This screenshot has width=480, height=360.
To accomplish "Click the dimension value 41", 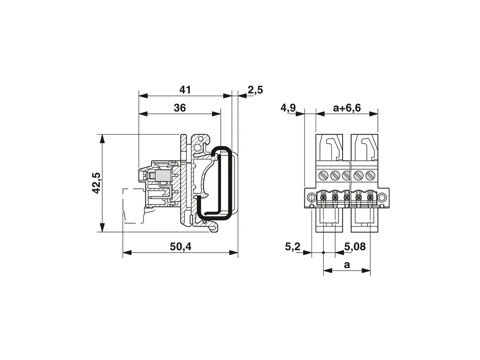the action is [x=185, y=90].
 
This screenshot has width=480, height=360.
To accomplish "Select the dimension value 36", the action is [x=180, y=108].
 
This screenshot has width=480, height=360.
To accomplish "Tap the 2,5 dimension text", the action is [x=255, y=90].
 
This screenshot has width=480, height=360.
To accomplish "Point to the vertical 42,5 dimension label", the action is [x=97, y=183].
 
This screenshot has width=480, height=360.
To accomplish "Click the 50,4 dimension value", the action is [x=180, y=247].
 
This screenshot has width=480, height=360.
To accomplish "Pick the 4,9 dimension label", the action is [x=288, y=108].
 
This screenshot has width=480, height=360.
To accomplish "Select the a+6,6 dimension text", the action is [x=347, y=108].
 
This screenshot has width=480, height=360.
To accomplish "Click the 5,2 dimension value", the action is [x=293, y=247].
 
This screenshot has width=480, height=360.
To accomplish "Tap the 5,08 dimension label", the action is [x=355, y=247].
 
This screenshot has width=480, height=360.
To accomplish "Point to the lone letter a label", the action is [x=346, y=265].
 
